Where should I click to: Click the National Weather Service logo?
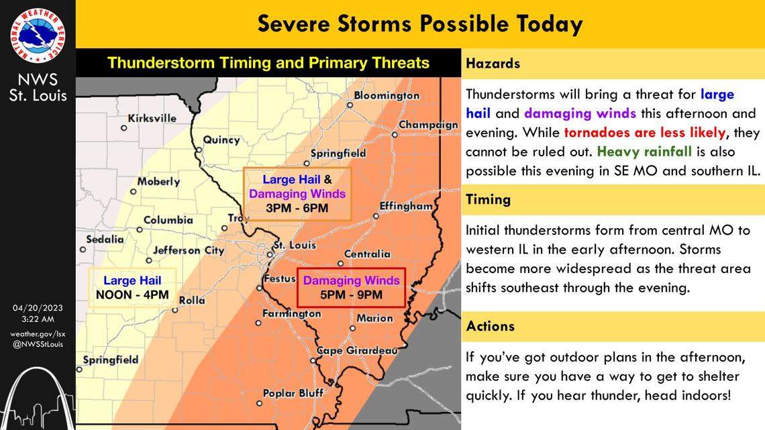click(x=38, y=35)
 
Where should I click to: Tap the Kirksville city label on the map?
click(x=152, y=118)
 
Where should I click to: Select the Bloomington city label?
click(x=386, y=96)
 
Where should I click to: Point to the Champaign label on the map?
click(x=428, y=125)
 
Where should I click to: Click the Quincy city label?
click(x=221, y=140)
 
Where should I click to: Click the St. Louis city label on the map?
click(x=296, y=245)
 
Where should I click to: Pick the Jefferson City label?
click(x=189, y=250)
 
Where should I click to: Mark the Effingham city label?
click(x=406, y=206)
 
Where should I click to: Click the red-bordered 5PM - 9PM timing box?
click(x=351, y=288)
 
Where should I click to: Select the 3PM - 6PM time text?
click(x=297, y=208)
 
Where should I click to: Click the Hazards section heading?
click(x=493, y=64)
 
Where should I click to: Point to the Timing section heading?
click(x=488, y=199)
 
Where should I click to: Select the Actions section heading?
click(x=490, y=326)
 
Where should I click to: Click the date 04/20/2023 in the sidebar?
click(x=38, y=308)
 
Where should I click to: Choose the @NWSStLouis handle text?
click(x=38, y=344)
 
